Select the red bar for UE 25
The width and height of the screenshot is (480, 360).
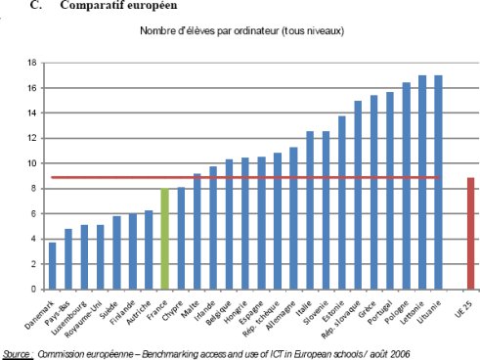click(470, 234)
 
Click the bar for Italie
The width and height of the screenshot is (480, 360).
click(310, 210)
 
